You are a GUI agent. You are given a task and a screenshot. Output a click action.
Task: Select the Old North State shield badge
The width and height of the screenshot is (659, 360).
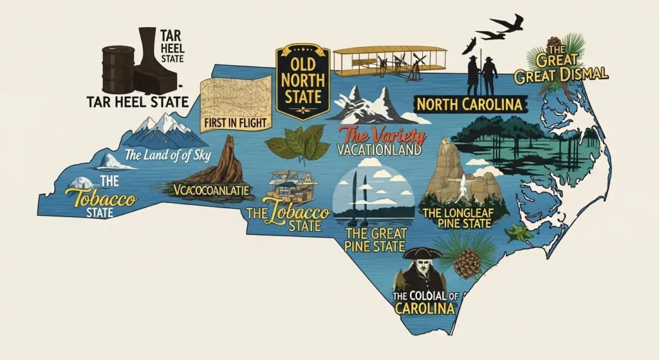[x=302, y=80]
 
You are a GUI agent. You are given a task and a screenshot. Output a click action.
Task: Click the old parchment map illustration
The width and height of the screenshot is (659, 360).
[x=235, y=97]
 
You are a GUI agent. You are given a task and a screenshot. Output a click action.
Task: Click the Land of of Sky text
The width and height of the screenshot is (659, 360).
[x=168, y=155]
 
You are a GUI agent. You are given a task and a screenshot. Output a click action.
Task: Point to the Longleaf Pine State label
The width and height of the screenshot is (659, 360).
[x=455, y=217]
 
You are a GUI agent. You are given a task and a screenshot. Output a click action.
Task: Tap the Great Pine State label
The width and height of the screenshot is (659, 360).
[x=375, y=239]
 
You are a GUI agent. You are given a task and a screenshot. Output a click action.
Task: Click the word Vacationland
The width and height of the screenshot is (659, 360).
[x=379, y=150]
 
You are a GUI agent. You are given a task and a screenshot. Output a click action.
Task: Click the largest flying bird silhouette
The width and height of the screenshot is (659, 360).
[x=508, y=24]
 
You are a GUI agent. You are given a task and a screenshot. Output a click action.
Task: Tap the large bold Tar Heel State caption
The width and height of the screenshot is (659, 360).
[x=138, y=101]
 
